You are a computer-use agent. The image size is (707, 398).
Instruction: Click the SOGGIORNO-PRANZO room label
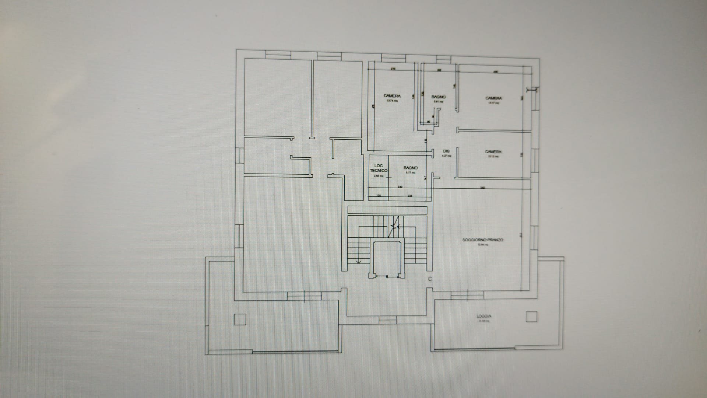click(x=483, y=240)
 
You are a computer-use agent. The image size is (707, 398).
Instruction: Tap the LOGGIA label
click(x=484, y=316)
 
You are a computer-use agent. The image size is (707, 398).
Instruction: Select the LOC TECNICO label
click(x=379, y=168)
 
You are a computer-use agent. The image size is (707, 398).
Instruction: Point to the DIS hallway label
click(x=446, y=151)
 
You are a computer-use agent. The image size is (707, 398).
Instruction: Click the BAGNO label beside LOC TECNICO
click(x=411, y=168)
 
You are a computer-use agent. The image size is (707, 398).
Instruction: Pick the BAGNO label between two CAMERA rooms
click(x=438, y=97)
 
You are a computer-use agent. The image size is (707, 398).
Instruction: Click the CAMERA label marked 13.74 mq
click(x=392, y=96)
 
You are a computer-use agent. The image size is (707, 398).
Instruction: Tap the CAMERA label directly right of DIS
click(x=493, y=152)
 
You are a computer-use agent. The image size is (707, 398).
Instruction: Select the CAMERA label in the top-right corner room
click(x=493, y=98)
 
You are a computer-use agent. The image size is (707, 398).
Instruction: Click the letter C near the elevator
click(x=430, y=279)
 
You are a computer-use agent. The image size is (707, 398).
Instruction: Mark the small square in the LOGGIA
click(x=531, y=316)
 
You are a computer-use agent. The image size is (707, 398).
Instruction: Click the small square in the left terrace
click(x=240, y=319)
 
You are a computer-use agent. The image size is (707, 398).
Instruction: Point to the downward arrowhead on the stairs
click(x=359, y=262)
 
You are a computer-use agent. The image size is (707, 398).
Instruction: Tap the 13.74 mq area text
click(x=392, y=100)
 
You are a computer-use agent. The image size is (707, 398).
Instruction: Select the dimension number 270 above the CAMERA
click(x=393, y=69)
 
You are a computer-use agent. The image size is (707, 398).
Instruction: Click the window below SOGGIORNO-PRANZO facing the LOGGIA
click(x=467, y=295)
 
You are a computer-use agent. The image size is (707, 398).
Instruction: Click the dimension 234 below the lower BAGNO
click(x=410, y=196)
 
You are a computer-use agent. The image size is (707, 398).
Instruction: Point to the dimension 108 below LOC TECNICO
click(x=378, y=196)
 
